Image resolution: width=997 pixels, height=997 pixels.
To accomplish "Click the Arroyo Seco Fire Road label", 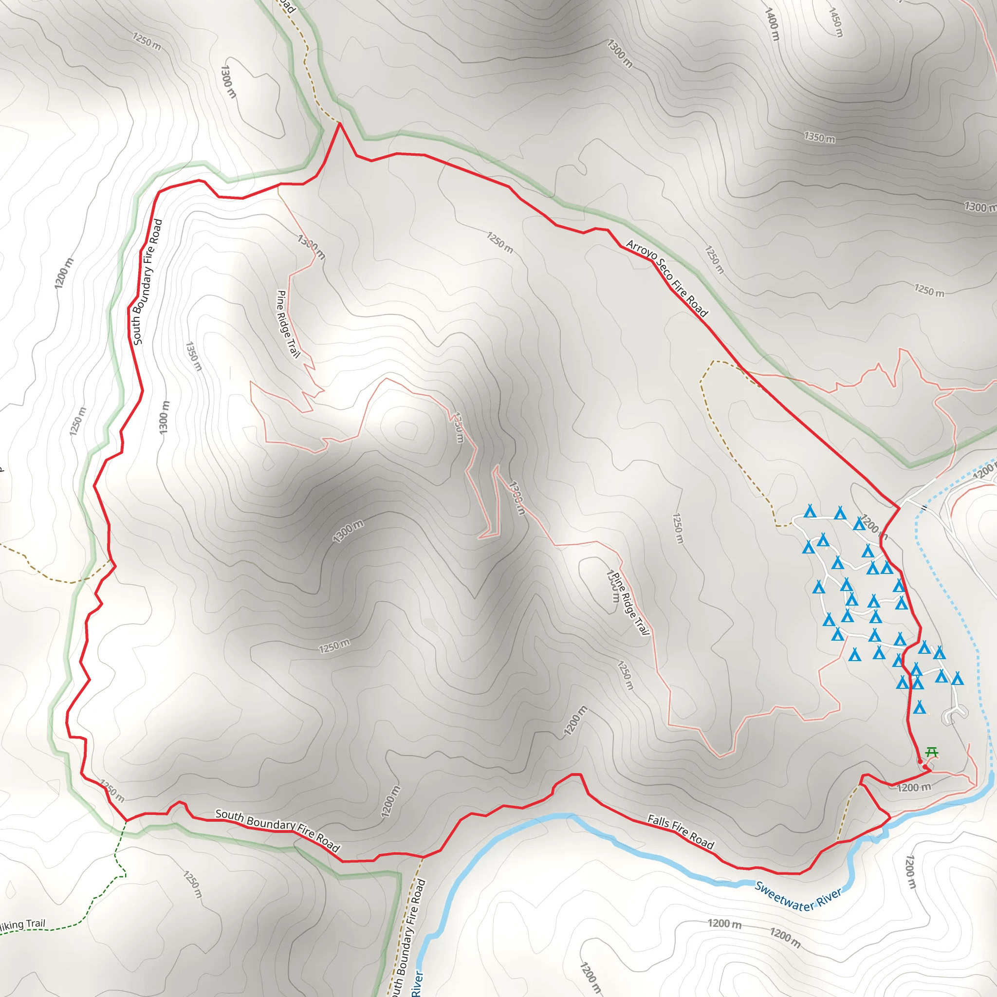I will tap(667, 277).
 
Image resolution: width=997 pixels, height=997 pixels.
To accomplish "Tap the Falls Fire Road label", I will tap(681, 831).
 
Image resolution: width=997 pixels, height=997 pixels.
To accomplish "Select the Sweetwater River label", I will tap(798, 897).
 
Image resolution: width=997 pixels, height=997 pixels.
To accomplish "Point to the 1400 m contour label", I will tap(772, 24).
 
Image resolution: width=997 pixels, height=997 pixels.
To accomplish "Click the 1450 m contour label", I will tap(835, 22).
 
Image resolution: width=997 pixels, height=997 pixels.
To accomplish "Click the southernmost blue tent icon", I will tap(919, 707).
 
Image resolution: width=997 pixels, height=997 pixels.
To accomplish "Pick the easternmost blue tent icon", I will tap(957, 679).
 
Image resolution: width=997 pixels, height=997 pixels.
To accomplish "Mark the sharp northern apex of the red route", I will tap(340, 123).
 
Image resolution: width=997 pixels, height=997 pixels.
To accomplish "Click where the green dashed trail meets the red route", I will tap(127, 820).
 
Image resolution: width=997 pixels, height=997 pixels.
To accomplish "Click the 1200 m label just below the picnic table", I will tap(914, 788).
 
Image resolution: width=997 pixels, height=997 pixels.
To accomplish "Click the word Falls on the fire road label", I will tap(659, 821).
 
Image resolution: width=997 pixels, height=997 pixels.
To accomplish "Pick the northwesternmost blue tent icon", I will tap(810, 512).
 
